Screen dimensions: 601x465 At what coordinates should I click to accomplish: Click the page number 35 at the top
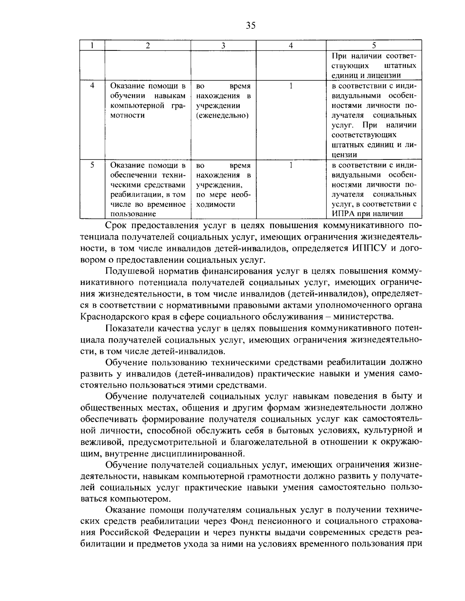(250, 26)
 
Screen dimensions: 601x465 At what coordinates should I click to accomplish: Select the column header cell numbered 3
(224, 45)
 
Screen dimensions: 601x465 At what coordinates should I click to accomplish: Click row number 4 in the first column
(93, 85)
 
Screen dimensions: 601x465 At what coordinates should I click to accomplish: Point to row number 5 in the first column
(93, 165)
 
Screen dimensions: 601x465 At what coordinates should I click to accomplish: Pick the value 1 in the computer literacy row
(291, 85)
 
